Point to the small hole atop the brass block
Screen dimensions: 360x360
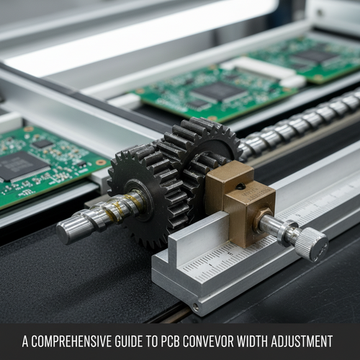pos(240,186)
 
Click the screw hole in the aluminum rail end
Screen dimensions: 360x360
pos(196,306)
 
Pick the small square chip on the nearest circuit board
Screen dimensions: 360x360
pos(42,144)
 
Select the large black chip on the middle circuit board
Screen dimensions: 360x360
pos(220,91)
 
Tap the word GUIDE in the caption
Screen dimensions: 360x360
pos(129,341)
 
